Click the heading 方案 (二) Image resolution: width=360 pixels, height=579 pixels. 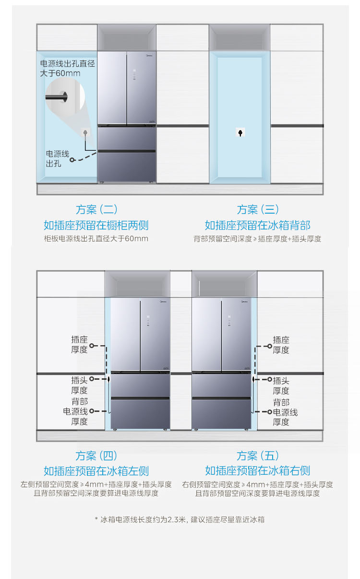pos(96,210)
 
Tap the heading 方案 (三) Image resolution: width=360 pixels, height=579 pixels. pos(258,210)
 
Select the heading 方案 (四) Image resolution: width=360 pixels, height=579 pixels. pos(96,456)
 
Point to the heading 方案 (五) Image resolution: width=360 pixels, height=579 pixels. pos(257,456)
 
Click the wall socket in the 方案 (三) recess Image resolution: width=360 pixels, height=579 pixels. pos(241,133)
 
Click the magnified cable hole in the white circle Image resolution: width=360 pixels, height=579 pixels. pos(63,97)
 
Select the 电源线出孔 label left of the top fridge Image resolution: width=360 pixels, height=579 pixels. pos(57,159)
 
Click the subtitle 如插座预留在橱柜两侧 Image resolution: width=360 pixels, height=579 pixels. pos(96,225)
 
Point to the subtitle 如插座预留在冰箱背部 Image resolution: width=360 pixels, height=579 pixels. pos(257,225)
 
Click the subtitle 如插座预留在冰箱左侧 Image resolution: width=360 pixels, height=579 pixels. pos(96,471)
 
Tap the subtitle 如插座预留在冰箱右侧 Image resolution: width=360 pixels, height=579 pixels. pos(257,471)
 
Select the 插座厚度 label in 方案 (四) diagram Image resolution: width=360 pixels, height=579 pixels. pos(80,345)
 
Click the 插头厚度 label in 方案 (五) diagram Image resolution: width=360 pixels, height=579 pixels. pos(281,386)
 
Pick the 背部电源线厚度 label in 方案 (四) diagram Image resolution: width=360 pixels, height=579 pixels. pos(76,411)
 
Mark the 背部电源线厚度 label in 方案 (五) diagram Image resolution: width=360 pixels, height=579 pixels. pos(285,412)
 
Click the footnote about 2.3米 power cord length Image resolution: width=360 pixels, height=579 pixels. pos(180,519)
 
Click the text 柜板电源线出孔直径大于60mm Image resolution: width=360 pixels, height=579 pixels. pos(96,239)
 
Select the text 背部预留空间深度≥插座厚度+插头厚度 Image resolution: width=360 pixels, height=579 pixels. pos(257,239)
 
